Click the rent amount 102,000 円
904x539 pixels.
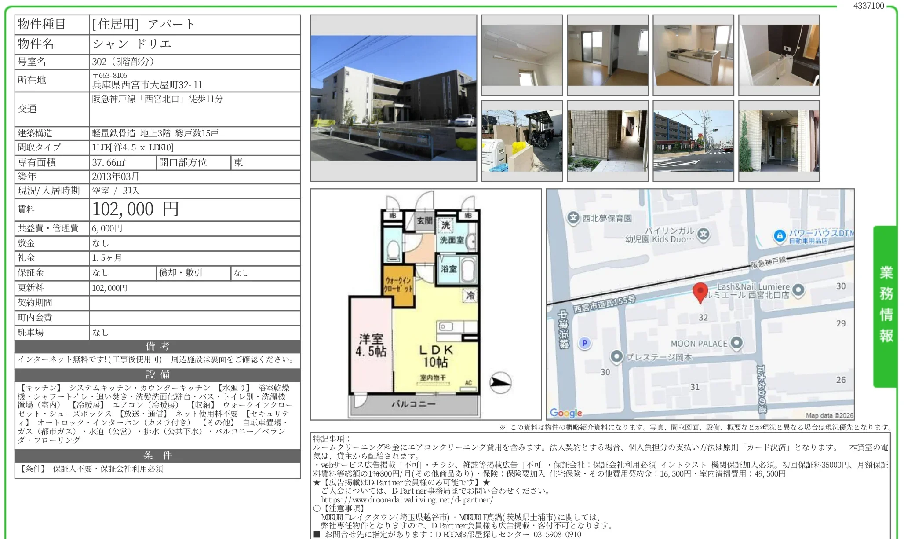pos(135,209)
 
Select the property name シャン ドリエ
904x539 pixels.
pos(132,44)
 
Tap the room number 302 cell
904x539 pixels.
pos(195,62)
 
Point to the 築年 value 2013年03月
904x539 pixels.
pos(116,176)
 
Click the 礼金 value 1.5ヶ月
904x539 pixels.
pos(107,258)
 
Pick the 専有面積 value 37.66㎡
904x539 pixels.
pos(109,162)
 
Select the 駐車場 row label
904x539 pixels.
pos(31,333)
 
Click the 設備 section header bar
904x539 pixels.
pos(157,374)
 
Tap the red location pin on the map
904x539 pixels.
pos(700,293)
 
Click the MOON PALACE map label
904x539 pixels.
pos(699,344)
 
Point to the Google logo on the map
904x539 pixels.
pos(566,413)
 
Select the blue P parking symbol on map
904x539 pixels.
pos(584,343)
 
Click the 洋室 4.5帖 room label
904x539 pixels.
pos(371,345)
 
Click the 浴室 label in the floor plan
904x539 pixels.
pos(448,269)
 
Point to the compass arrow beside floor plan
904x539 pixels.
pos(500,382)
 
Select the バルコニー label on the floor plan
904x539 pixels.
pos(413,403)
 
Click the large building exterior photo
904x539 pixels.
pos(394,98)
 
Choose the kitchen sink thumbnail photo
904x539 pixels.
pos(693,55)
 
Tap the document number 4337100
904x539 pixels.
pos(868,6)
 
